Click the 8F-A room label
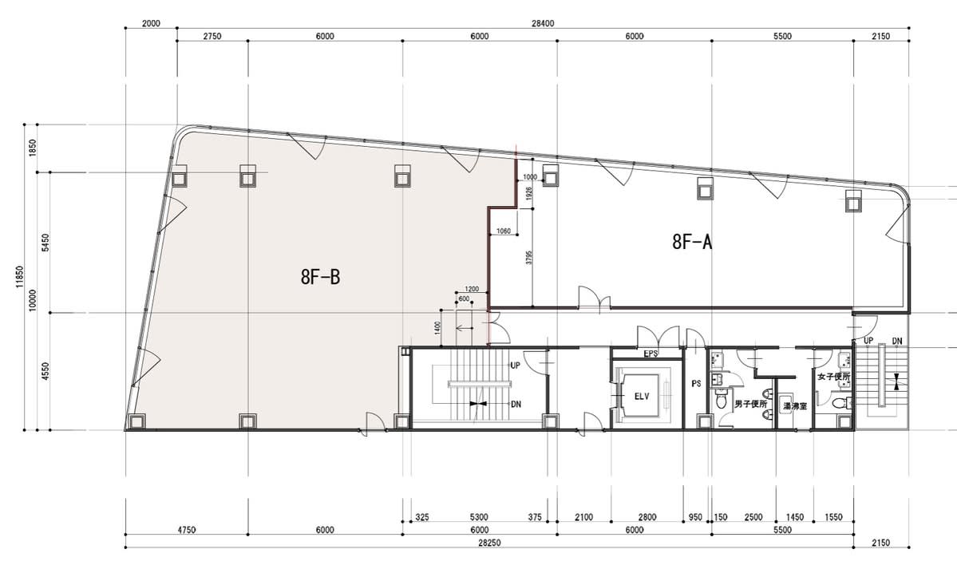[692, 243]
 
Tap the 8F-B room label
[320, 278]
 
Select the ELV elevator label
[642, 397]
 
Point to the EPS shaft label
[651, 354]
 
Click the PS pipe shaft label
[696, 384]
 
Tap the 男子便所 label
[751, 404]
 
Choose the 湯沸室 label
[795, 405]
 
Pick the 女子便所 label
[834, 377]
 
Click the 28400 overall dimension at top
[543, 23]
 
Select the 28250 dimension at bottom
[489, 542]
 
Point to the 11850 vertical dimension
[19, 276]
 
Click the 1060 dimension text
[504, 231]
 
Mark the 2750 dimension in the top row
[212, 36]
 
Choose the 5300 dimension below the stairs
[480, 517]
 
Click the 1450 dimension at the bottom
[795, 517]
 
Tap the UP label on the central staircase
[515, 365]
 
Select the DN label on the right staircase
[896, 341]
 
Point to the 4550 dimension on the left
[45, 372]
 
